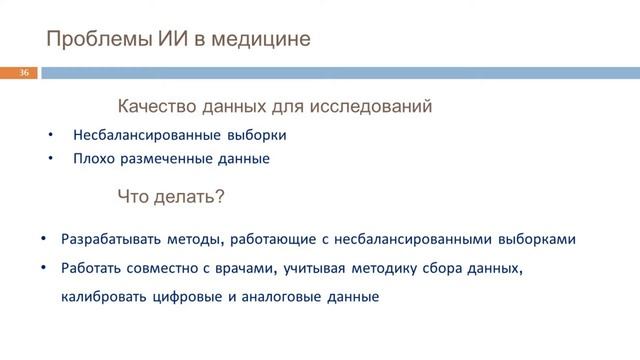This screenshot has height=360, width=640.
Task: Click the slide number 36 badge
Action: [24, 73]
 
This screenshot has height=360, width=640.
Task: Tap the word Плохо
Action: [91, 158]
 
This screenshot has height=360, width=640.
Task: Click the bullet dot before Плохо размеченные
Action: [51, 158]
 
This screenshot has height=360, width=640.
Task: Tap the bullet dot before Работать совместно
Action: [44, 269]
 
